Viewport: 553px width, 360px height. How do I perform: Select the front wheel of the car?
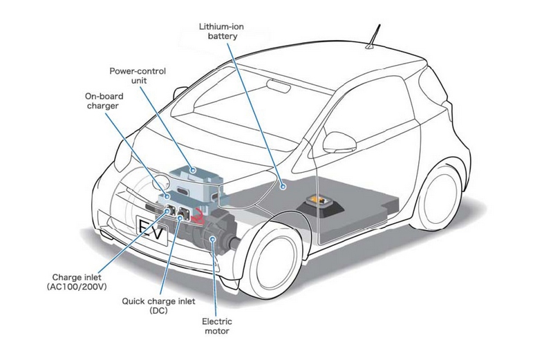point(273,267)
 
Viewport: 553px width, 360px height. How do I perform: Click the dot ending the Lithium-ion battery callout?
point(283,185)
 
